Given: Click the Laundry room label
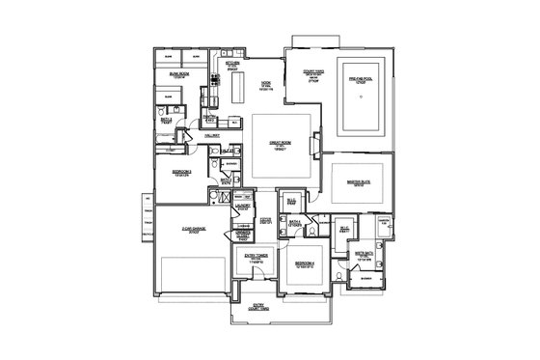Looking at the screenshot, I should [243, 206].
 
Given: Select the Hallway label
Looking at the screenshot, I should [213, 136].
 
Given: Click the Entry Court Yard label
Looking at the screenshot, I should [258, 306].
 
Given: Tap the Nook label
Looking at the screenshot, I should [265, 85].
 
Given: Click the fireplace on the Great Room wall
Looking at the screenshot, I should [313, 146].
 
